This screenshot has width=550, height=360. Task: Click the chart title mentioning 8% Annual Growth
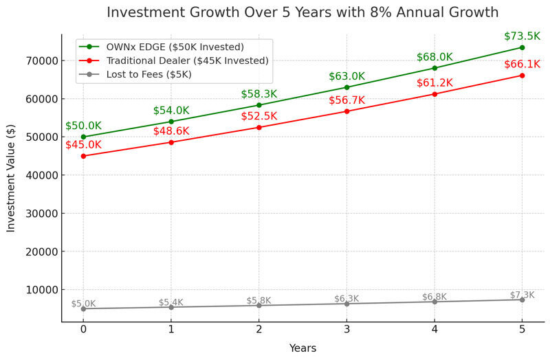click(x=302, y=13)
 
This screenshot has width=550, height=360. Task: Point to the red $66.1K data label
click(x=522, y=64)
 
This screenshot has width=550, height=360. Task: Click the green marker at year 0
click(x=83, y=137)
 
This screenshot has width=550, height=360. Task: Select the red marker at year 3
click(x=346, y=111)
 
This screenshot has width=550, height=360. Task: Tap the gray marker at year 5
click(x=522, y=300)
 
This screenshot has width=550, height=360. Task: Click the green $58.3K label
click(x=258, y=94)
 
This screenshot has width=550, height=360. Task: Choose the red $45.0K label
click(x=83, y=145)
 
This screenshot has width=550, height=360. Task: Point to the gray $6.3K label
click(x=346, y=299)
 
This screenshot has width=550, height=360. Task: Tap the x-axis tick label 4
click(x=434, y=329)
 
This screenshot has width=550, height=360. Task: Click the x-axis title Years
click(x=302, y=348)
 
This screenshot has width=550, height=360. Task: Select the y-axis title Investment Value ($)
click(x=12, y=178)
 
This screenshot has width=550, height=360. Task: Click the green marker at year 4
click(x=434, y=68)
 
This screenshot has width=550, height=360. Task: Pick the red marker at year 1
click(x=171, y=142)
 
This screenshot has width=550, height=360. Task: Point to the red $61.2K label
click(x=434, y=83)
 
